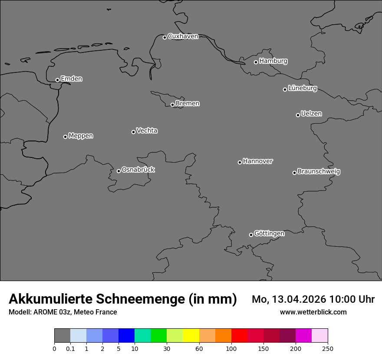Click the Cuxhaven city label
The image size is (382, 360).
(x=183, y=36)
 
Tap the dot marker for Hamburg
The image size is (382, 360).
(x=256, y=62)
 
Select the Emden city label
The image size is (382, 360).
(x=71, y=79)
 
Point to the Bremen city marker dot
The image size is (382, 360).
(x=172, y=105)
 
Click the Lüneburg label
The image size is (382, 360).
(x=302, y=88)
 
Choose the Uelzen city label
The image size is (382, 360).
(x=311, y=114)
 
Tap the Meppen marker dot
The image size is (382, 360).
(x=65, y=137)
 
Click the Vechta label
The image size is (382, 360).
(x=147, y=131)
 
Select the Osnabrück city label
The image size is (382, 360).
(x=138, y=170)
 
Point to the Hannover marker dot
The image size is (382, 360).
(x=240, y=162)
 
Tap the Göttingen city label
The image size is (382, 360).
(x=269, y=234)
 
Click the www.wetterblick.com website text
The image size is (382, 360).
(x=313, y=312)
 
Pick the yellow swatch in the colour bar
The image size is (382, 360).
(x=191, y=336)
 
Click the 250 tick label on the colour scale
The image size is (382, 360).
(x=328, y=348)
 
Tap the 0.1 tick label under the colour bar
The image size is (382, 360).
(x=70, y=348)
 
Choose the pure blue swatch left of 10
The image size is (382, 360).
(x=126, y=336)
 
